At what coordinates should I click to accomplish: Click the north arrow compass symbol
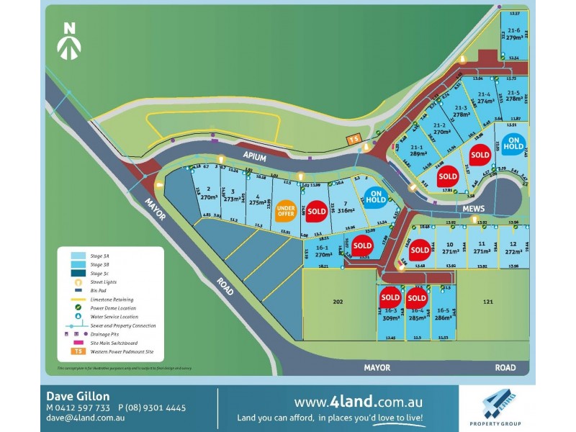(69, 40)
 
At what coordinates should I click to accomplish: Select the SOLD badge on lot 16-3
(390, 297)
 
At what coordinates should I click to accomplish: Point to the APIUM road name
(251, 154)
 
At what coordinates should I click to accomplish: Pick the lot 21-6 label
(513, 30)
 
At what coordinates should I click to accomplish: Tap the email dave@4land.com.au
(86, 417)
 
